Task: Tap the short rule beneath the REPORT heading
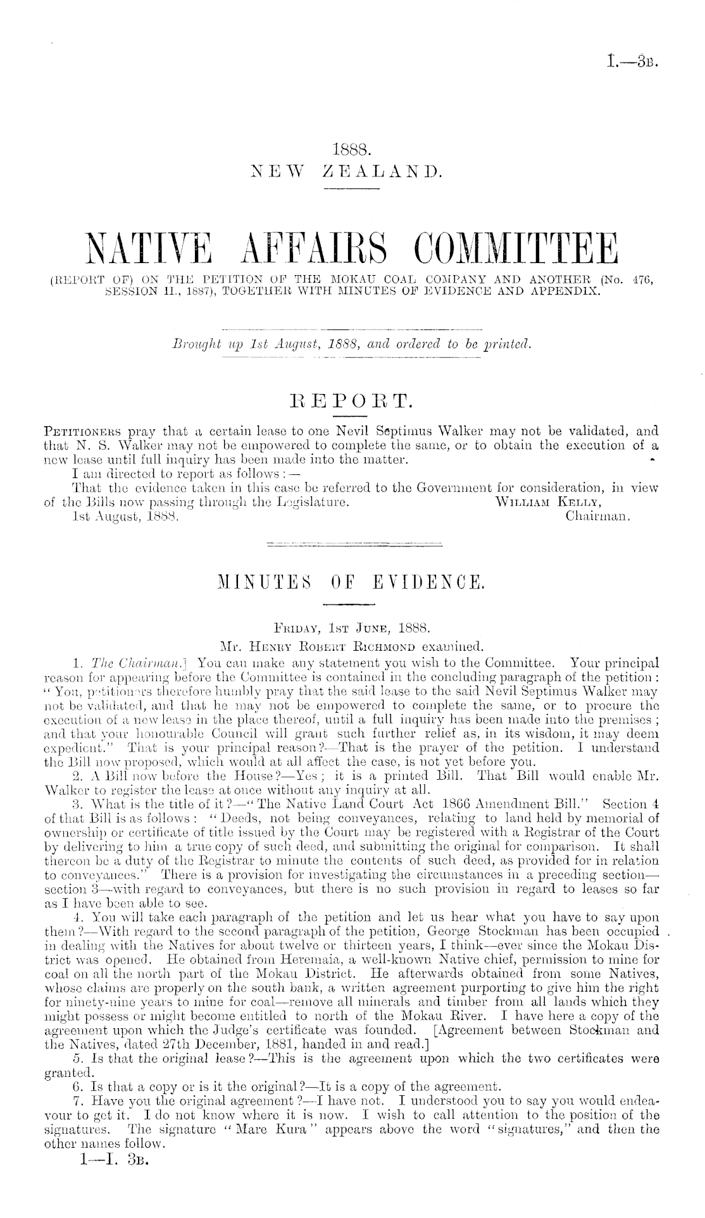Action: coord(352,415)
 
